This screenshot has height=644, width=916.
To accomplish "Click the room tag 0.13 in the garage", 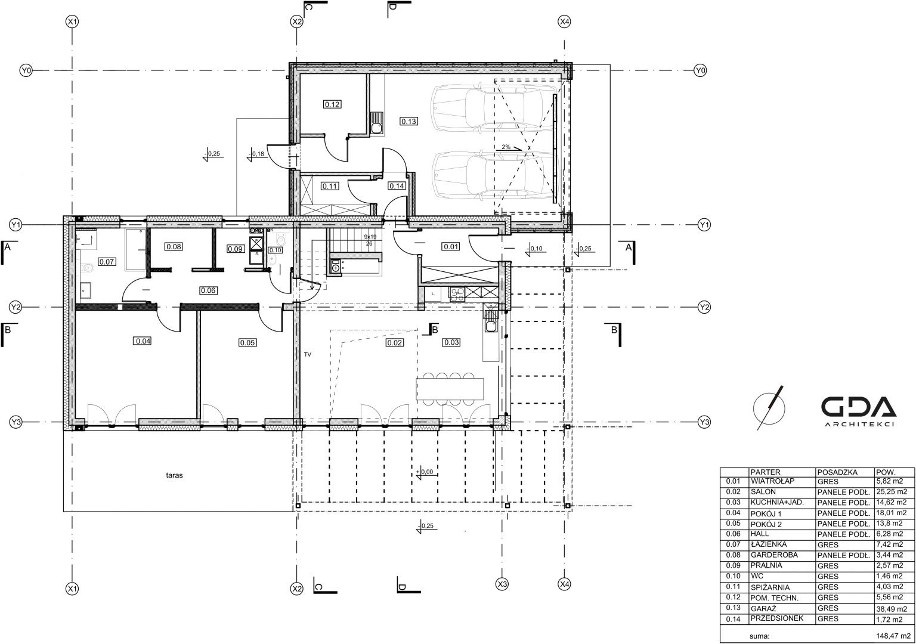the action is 409,122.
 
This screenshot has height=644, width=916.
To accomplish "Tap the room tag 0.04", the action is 143,341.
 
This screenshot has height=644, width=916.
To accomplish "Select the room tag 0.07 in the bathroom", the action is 107,262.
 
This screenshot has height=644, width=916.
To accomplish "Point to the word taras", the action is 174,475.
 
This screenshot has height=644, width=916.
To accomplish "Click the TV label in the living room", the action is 308,355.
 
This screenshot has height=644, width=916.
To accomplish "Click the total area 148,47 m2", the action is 893,636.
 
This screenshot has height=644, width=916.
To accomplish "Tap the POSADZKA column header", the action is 837,472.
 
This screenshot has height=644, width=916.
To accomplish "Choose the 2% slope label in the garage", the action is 506,147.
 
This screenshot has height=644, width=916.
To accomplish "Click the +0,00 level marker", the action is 424,472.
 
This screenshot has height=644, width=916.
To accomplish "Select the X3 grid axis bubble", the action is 502,584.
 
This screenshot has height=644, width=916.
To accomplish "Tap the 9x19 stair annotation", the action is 370,237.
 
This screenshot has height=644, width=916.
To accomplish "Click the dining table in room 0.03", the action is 450,389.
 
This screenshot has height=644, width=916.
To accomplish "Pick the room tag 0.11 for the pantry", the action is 329,187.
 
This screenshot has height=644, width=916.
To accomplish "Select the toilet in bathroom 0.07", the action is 87,268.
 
